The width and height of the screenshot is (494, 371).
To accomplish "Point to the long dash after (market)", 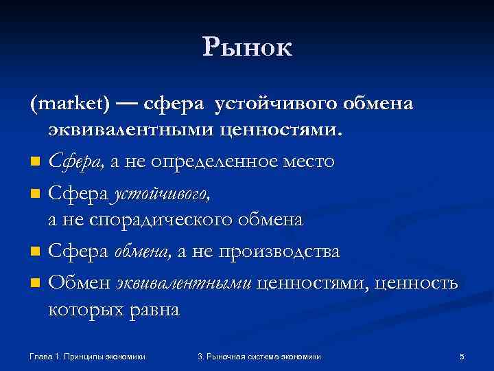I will [126, 104].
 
